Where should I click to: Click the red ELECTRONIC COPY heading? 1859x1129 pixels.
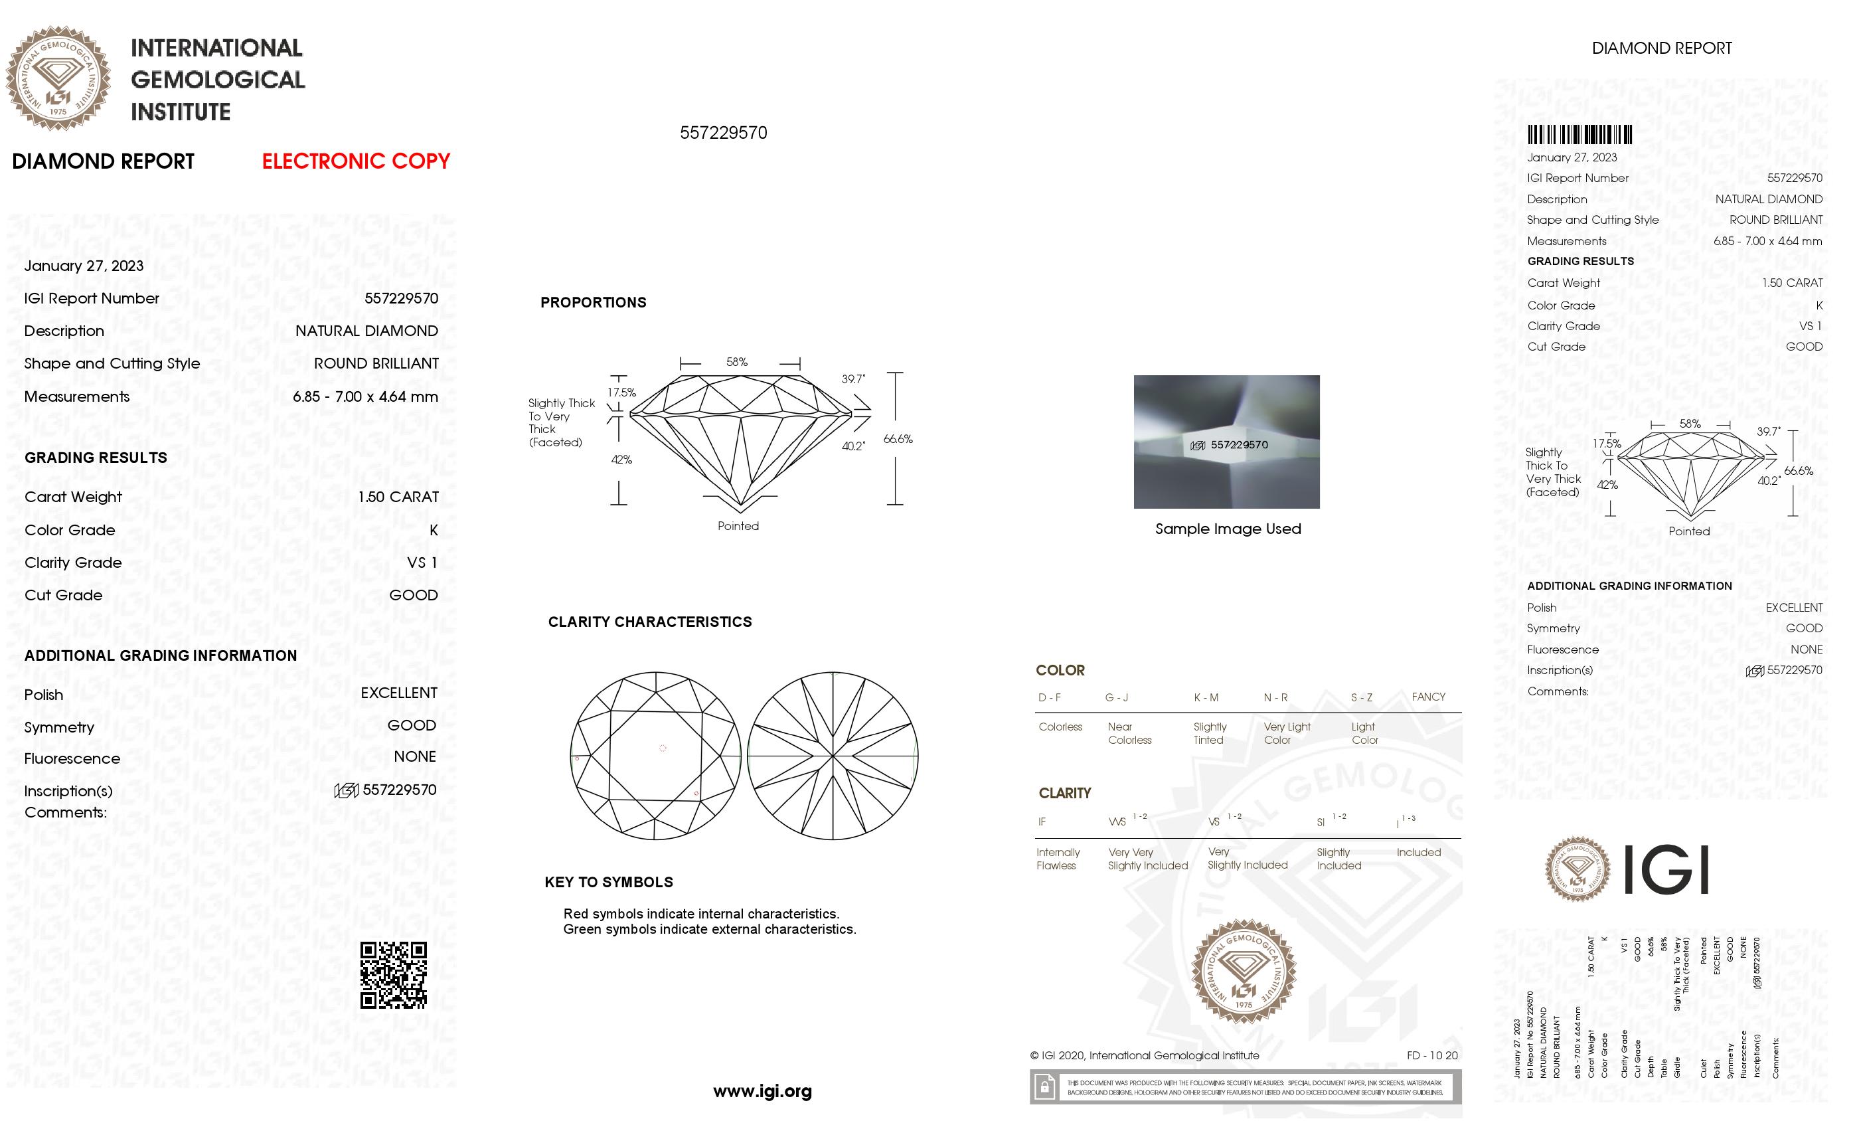(355, 161)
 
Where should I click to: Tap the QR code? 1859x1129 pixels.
(393, 974)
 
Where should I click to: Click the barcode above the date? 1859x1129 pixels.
(1579, 135)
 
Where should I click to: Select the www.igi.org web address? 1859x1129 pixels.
(762, 1090)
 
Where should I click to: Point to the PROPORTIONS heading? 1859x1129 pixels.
(593, 303)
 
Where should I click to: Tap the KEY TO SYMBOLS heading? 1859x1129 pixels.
(608, 882)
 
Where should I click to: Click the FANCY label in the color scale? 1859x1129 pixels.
(1428, 697)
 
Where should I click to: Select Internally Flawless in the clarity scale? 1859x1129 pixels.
(1058, 859)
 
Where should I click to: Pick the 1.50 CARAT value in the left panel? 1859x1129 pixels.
(398, 497)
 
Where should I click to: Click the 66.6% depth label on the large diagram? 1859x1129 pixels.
(898, 438)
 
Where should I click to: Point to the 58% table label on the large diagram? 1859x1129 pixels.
(737, 362)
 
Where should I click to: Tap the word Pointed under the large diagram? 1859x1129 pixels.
(738, 526)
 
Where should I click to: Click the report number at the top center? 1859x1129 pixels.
(723, 133)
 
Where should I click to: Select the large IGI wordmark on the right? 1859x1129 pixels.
(1665, 869)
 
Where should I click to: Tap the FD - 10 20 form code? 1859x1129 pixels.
(1431, 1055)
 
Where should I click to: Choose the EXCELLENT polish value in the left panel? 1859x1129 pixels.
(398, 693)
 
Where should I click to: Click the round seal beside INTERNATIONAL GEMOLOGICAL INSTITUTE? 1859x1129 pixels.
(58, 78)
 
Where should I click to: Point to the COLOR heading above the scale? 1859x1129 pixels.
(1060, 670)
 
